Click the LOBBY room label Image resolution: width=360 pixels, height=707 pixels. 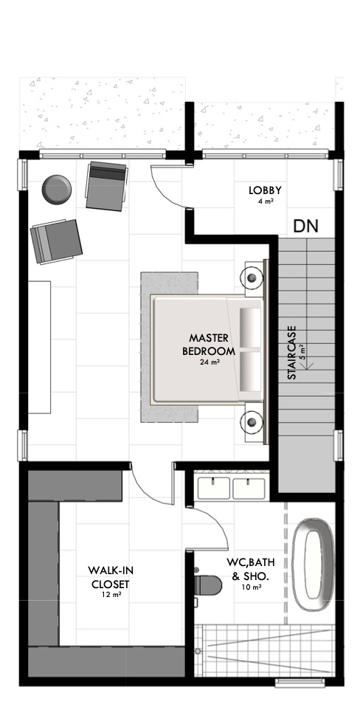265,190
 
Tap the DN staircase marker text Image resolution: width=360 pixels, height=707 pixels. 306,225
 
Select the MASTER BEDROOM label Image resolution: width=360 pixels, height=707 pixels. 209,345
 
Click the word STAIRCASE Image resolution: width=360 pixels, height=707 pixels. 291,353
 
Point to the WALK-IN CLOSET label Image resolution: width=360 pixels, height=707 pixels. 111,578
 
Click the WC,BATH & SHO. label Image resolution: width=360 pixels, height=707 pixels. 251,569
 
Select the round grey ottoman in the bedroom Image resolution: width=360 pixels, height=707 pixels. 57,190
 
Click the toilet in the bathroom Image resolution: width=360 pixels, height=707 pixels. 208,585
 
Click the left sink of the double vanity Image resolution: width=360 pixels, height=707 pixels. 214,489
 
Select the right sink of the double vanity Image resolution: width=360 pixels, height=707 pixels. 249,489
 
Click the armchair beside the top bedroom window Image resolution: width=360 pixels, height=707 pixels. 106,186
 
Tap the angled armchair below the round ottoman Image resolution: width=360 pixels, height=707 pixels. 56,241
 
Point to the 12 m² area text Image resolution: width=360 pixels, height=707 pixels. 111,594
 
